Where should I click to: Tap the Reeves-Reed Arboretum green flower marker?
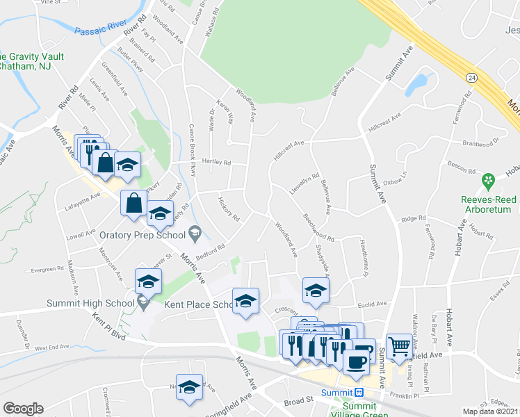[489, 181]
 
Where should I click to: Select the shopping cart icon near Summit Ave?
[399, 345]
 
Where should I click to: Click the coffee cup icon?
[357, 362]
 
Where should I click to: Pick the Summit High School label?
[90, 302]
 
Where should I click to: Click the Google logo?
[23, 409]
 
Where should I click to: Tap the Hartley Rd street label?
[216, 162]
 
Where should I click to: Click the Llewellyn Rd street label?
[305, 186]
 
